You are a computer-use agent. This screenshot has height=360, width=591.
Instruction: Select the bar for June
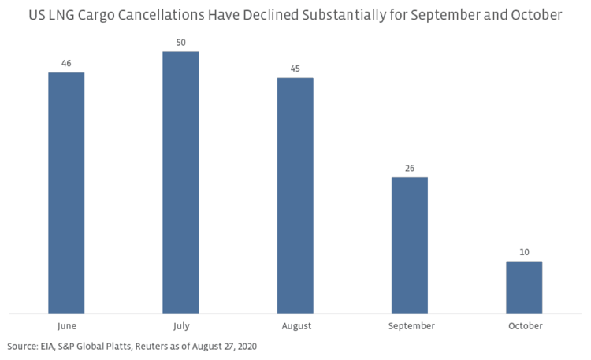(x=66, y=193)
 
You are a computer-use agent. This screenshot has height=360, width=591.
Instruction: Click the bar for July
(x=180, y=183)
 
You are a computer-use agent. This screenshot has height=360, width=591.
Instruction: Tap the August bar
(x=295, y=195)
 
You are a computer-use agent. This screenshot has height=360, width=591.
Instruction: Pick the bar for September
(x=409, y=245)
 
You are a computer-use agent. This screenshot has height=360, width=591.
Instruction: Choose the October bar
(x=523, y=287)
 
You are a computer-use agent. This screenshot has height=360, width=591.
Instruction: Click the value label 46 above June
(x=66, y=62)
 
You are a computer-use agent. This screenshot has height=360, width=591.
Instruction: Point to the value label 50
(x=180, y=41)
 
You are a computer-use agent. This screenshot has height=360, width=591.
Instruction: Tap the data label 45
(x=295, y=67)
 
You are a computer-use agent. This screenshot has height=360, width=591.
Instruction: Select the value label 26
(x=409, y=167)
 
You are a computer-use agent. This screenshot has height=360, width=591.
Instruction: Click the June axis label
(x=66, y=325)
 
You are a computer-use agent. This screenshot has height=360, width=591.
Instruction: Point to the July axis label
(x=180, y=325)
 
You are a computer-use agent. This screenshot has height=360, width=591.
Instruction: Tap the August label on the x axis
(x=295, y=325)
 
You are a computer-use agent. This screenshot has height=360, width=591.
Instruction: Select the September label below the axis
(x=409, y=325)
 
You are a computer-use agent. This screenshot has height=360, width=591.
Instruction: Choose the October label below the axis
(x=523, y=325)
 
